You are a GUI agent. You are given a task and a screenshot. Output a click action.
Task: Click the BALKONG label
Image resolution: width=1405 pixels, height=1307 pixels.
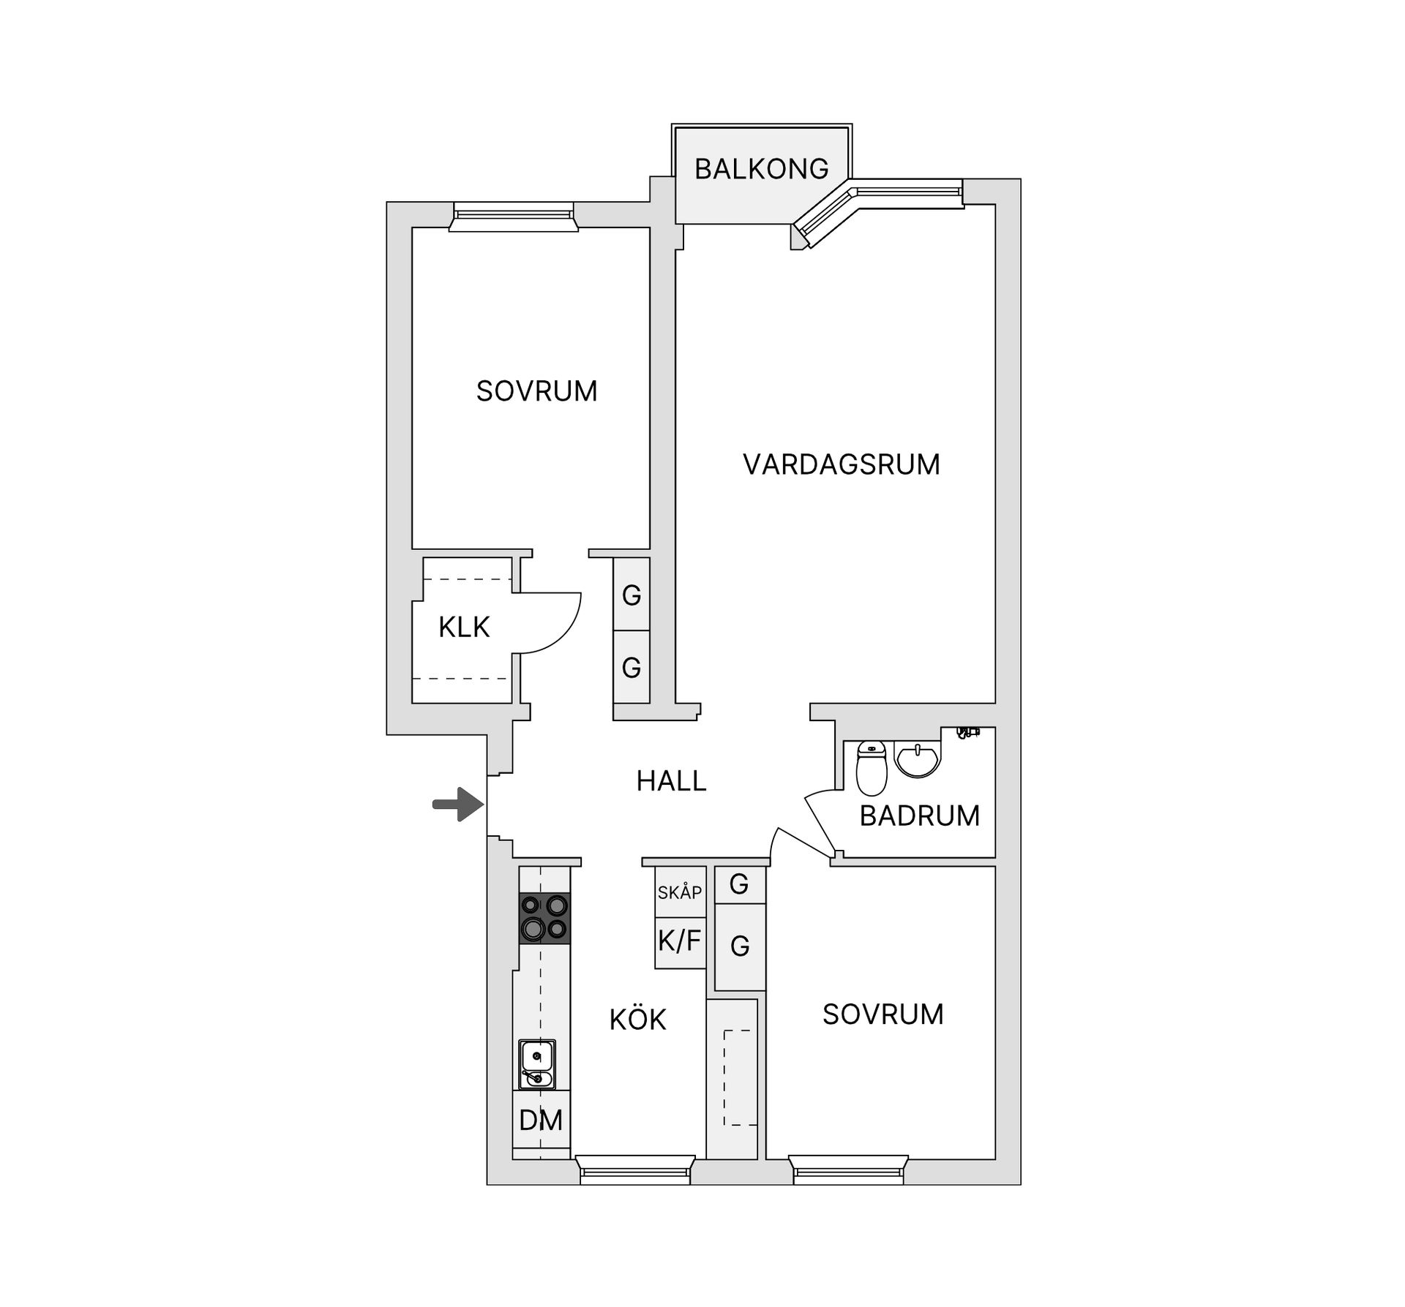click(761, 169)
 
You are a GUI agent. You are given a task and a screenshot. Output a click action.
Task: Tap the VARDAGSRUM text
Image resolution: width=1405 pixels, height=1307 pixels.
click(841, 464)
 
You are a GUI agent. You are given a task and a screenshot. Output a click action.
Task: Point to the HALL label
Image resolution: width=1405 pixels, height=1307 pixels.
click(671, 781)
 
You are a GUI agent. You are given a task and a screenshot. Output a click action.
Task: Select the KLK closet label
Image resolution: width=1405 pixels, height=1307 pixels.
click(464, 627)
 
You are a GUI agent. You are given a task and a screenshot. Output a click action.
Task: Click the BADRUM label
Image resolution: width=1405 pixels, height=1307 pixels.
click(919, 816)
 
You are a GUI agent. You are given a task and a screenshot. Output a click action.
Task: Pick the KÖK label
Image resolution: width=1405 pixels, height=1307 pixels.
click(637, 1020)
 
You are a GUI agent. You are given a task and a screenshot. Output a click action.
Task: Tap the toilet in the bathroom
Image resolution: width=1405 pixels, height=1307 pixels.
click(871, 767)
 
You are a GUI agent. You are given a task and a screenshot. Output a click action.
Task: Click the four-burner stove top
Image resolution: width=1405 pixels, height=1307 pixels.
click(544, 918)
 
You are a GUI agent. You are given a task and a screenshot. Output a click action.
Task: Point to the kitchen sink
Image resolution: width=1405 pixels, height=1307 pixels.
click(537, 1064)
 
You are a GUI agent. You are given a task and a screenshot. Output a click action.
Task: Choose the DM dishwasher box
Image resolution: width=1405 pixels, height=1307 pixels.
click(541, 1120)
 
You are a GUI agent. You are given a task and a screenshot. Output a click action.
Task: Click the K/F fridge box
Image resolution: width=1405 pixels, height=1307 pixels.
click(680, 942)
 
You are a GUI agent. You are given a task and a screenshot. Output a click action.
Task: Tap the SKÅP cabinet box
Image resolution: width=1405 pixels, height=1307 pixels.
click(680, 892)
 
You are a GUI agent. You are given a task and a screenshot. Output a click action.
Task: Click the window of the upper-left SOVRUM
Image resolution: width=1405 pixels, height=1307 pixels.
click(513, 216)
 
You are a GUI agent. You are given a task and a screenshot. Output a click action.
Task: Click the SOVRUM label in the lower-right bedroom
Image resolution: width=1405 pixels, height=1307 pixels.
click(883, 1014)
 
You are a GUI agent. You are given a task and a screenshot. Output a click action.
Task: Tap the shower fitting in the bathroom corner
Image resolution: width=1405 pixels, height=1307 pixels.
click(969, 731)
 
